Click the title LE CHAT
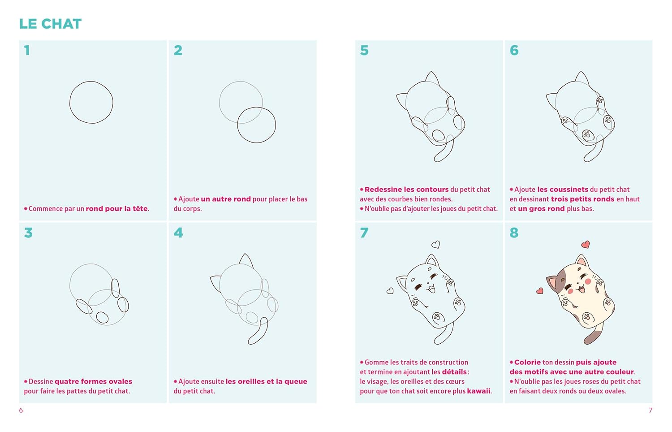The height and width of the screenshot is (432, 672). click(x=50, y=24)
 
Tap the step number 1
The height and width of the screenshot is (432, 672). click(x=27, y=50)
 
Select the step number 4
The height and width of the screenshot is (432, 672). click(x=178, y=233)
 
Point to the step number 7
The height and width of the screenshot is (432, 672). click(x=364, y=233)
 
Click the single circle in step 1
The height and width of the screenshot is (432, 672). click(x=70, y=102)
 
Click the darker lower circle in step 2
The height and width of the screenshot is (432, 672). click(x=237, y=125)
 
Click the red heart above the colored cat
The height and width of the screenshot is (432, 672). click(x=585, y=245)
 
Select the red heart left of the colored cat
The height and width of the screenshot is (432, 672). click(x=540, y=291)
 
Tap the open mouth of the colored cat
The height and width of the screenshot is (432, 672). click(x=581, y=289)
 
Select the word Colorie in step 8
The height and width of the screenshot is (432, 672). click(x=527, y=363)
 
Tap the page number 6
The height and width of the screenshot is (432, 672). click(x=21, y=410)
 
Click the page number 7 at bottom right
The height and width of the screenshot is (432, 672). click(x=650, y=410)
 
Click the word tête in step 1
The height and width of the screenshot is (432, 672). click(x=140, y=208)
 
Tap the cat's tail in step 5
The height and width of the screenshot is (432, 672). click(x=444, y=151)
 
